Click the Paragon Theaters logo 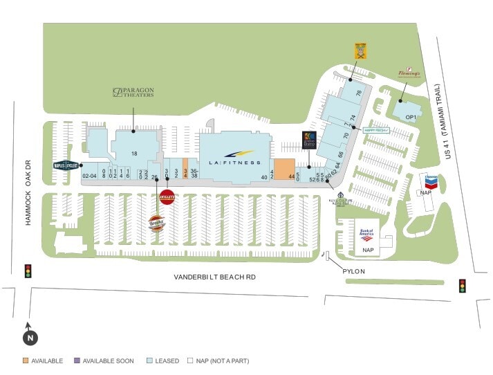[x=133, y=92]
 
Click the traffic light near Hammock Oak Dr [x=28, y=271]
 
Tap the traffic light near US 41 [x=462, y=286]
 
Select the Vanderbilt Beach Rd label [x=214, y=277]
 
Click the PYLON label [x=353, y=272]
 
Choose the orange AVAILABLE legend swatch [x=26, y=360]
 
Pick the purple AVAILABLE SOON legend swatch [x=77, y=360]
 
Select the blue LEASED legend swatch [x=149, y=360]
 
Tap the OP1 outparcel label [x=411, y=117]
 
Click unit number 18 [x=136, y=153]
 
